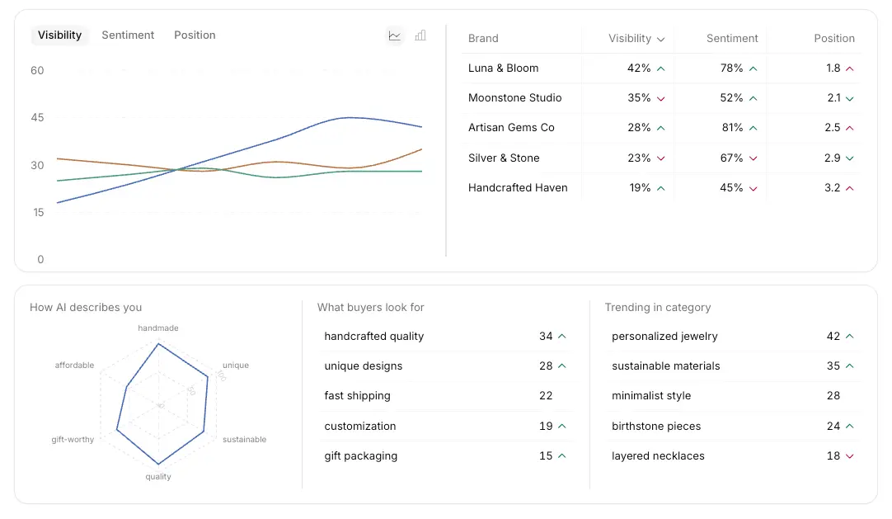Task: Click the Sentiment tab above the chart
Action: click(128, 35)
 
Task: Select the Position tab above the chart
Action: click(195, 35)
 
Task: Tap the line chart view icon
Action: click(395, 35)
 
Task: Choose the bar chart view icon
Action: click(420, 35)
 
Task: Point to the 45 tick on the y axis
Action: click(37, 118)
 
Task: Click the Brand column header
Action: click(483, 39)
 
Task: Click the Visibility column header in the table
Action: click(630, 39)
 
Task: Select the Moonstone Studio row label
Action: click(514, 98)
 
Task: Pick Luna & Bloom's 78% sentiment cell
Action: click(731, 68)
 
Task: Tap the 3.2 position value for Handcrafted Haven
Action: click(833, 188)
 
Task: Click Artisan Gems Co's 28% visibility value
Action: click(639, 128)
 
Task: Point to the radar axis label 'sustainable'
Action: click(244, 440)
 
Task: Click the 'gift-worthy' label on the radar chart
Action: click(73, 440)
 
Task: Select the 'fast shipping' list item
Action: click(357, 396)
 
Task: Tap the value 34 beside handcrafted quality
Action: click(546, 337)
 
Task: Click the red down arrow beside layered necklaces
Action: click(850, 456)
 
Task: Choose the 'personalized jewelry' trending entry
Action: click(664, 337)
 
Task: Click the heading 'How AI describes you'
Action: click(86, 308)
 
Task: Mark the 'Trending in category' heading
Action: click(657, 308)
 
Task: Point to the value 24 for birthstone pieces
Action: click(833, 427)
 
